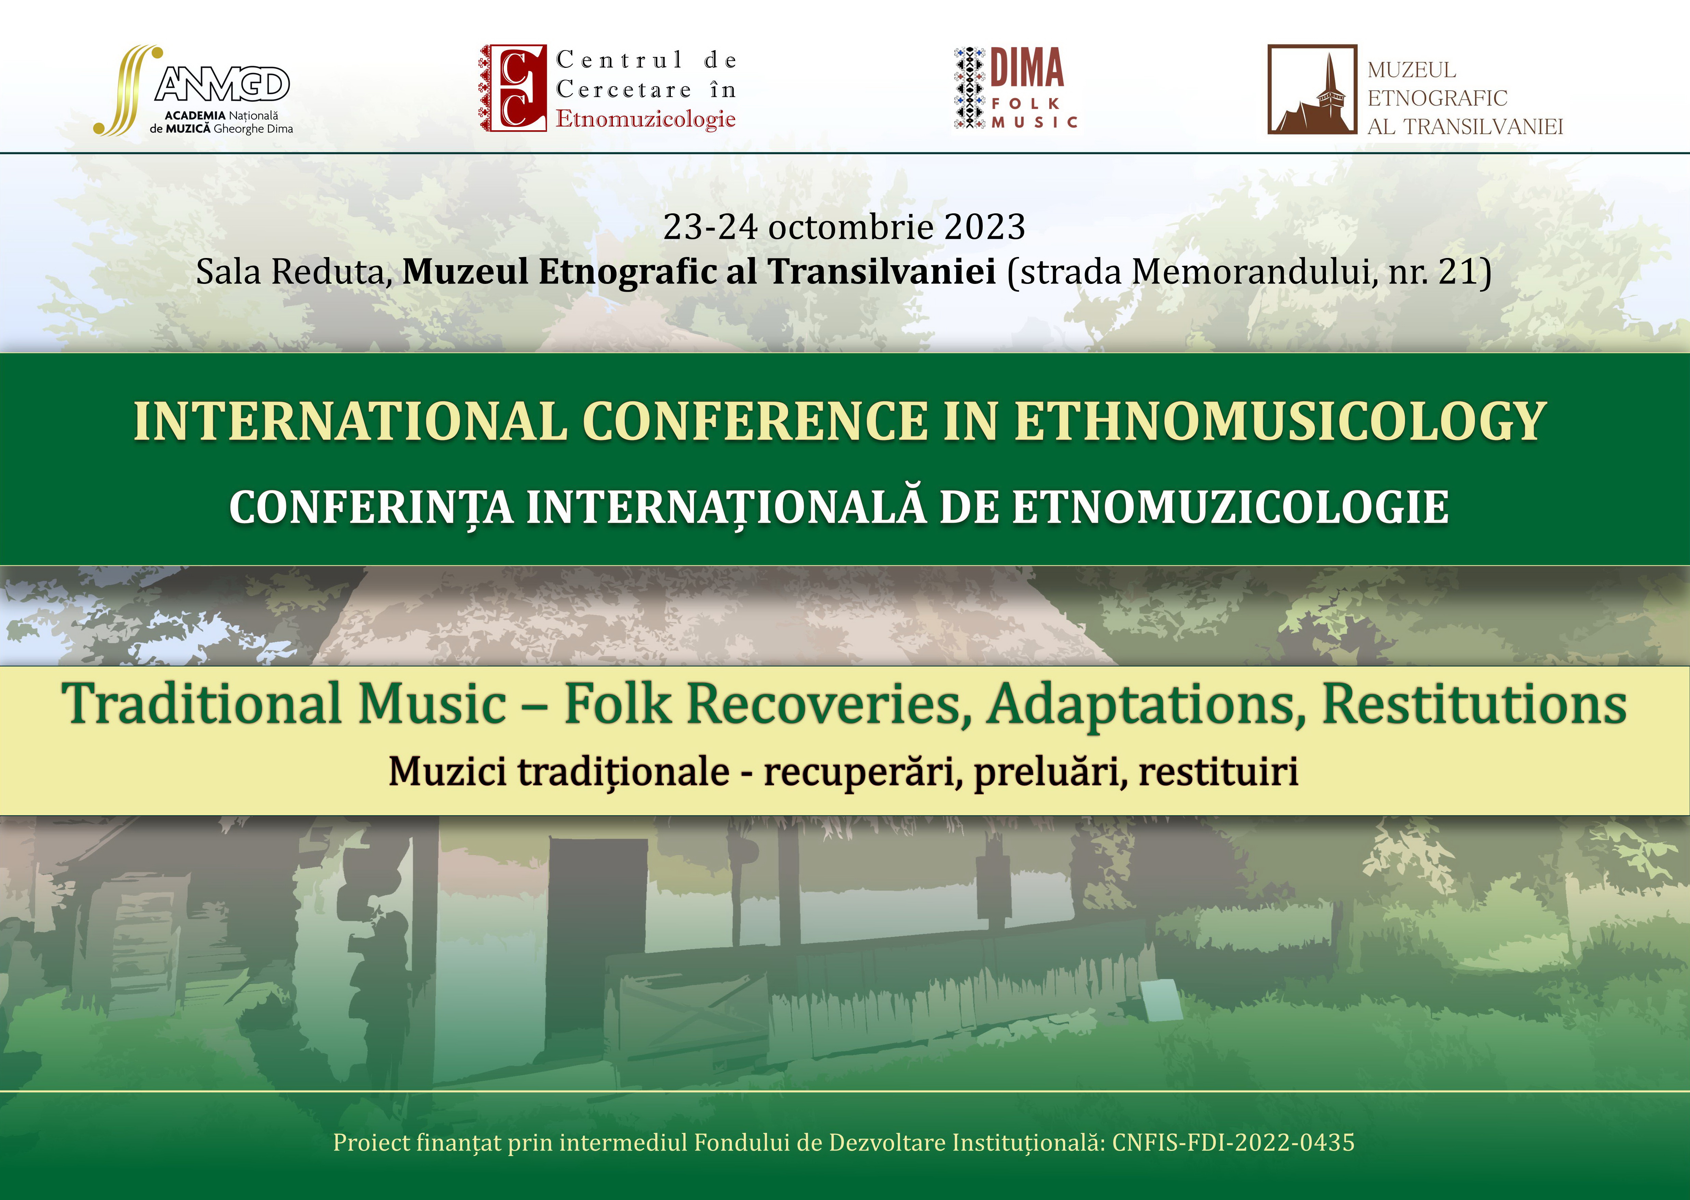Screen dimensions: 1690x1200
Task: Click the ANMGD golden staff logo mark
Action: (x=127, y=90)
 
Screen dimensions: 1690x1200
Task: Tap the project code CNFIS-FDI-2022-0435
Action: (x=1233, y=1142)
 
